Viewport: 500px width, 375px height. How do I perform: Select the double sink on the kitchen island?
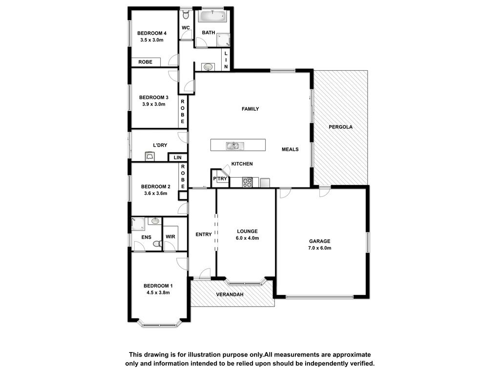pos(235,146)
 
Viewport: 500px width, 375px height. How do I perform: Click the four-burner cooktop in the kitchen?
pos(247,183)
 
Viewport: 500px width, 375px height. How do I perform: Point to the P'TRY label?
pos(220,179)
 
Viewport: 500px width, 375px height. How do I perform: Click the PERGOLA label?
pos(340,127)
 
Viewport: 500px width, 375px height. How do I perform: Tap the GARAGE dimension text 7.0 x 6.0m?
pos(319,248)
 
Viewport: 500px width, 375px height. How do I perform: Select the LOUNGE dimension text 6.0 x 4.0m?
pos(247,238)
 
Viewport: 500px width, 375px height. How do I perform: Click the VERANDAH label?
pos(229,294)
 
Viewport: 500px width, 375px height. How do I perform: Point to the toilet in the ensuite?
pos(157,244)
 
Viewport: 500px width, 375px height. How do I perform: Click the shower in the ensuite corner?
pos(138,224)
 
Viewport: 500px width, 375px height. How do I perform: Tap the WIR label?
pos(170,237)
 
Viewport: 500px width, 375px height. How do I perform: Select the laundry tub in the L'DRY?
pos(149,157)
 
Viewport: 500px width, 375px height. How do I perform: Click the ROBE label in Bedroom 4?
pos(146,62)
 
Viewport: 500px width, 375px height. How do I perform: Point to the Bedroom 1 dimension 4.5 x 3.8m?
pos(158,293)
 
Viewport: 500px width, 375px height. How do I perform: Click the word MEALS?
pos(290,149)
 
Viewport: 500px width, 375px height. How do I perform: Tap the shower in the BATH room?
pos(223,40)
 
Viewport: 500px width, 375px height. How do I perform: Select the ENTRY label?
pos(204,234)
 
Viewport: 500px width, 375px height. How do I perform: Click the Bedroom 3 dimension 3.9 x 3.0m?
pos(154,104)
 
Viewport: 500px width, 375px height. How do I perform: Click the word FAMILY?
pos(250,109)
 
